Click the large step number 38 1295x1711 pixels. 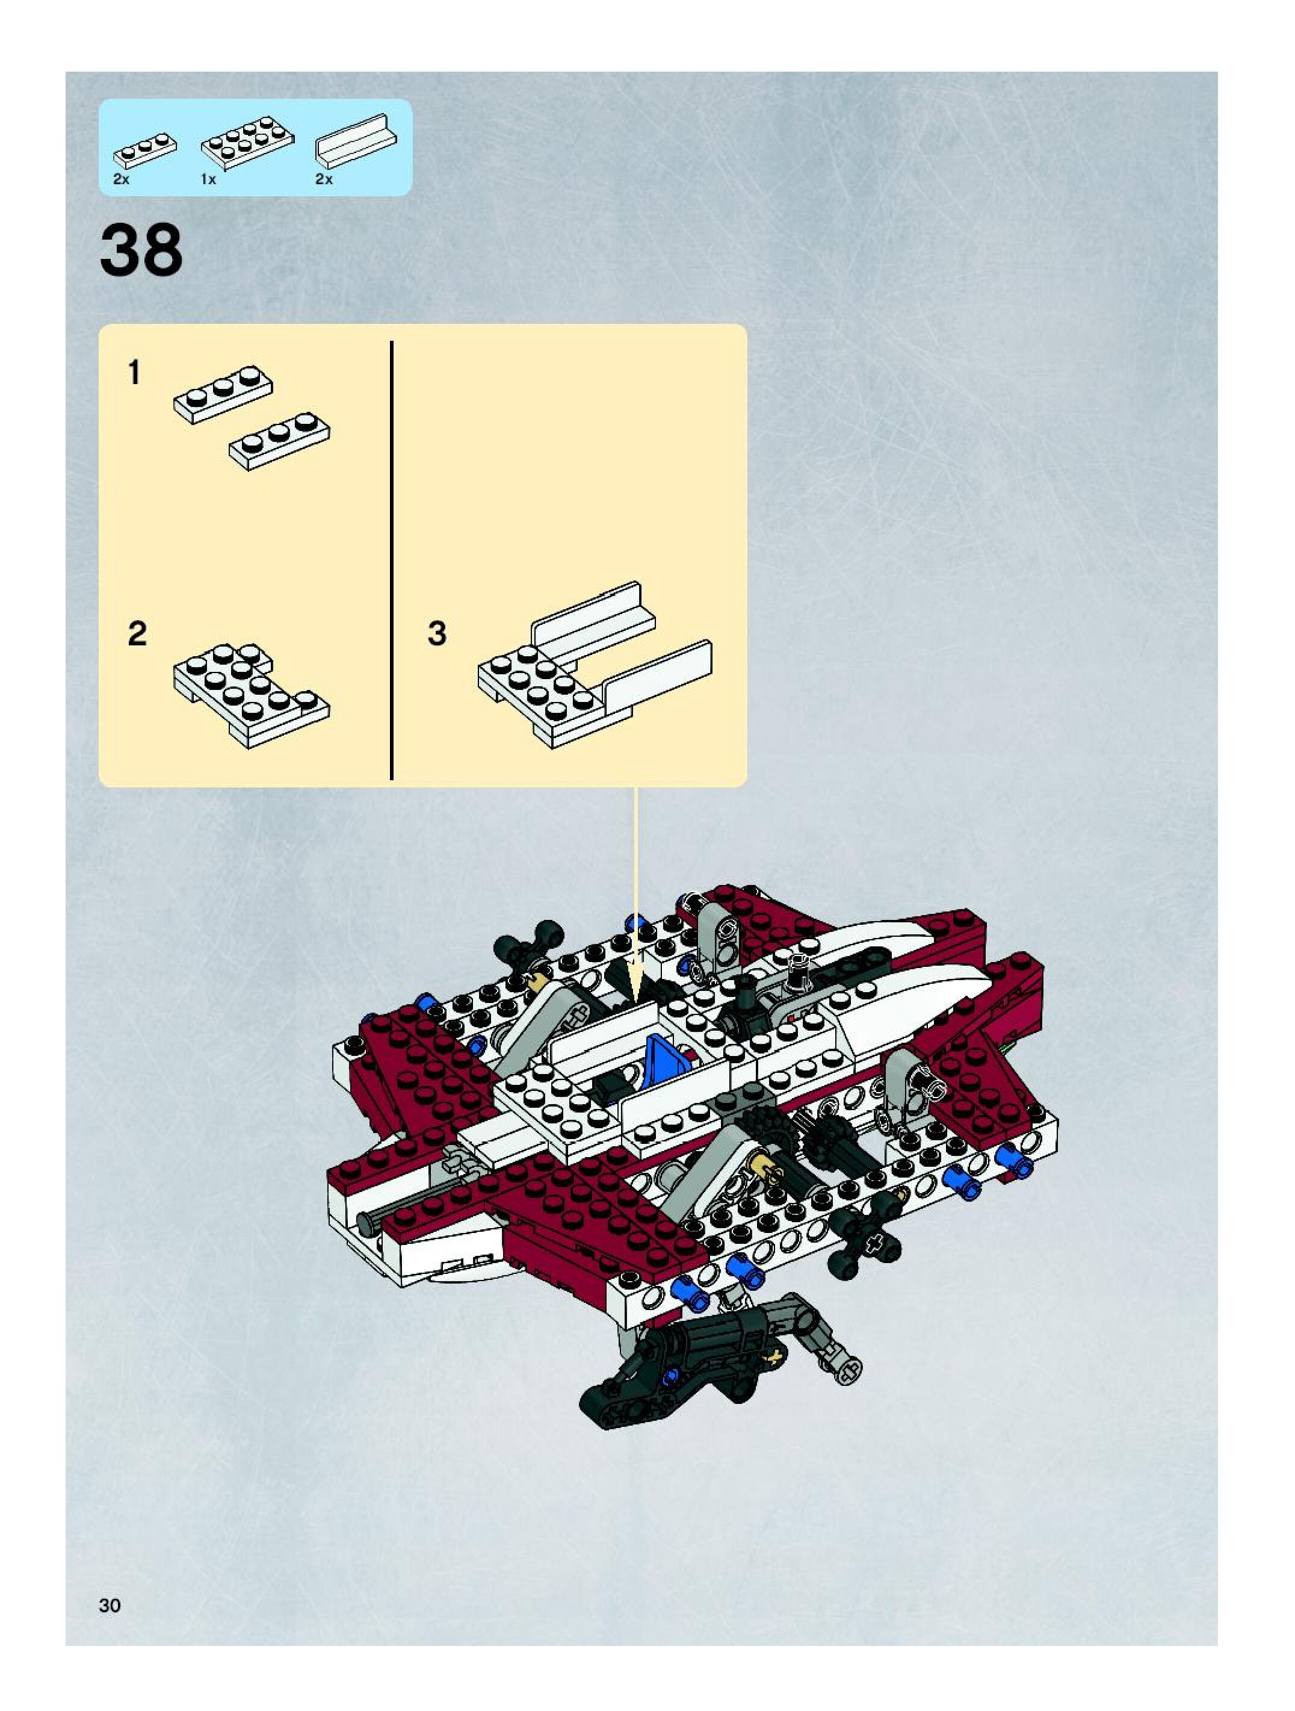(x=141, y=249)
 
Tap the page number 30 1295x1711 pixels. (x=110, y=1605)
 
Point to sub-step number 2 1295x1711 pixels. (x=137, y=633)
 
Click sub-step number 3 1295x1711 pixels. (x=437, y=633)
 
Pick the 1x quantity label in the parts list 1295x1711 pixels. (x=208, y=179)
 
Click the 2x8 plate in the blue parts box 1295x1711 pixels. (x=247, y=141)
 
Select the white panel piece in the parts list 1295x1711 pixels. (x=355, y=141)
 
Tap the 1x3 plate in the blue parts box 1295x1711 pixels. (x=144, y=150)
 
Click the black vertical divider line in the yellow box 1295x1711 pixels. (x=392, y=560)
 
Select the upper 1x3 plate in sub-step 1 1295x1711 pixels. (x=223, y=394)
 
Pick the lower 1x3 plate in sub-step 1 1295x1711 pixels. (x=279, y=441)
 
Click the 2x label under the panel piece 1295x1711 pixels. (x=324, y=179)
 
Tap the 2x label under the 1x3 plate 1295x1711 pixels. (x=122, y=179)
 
